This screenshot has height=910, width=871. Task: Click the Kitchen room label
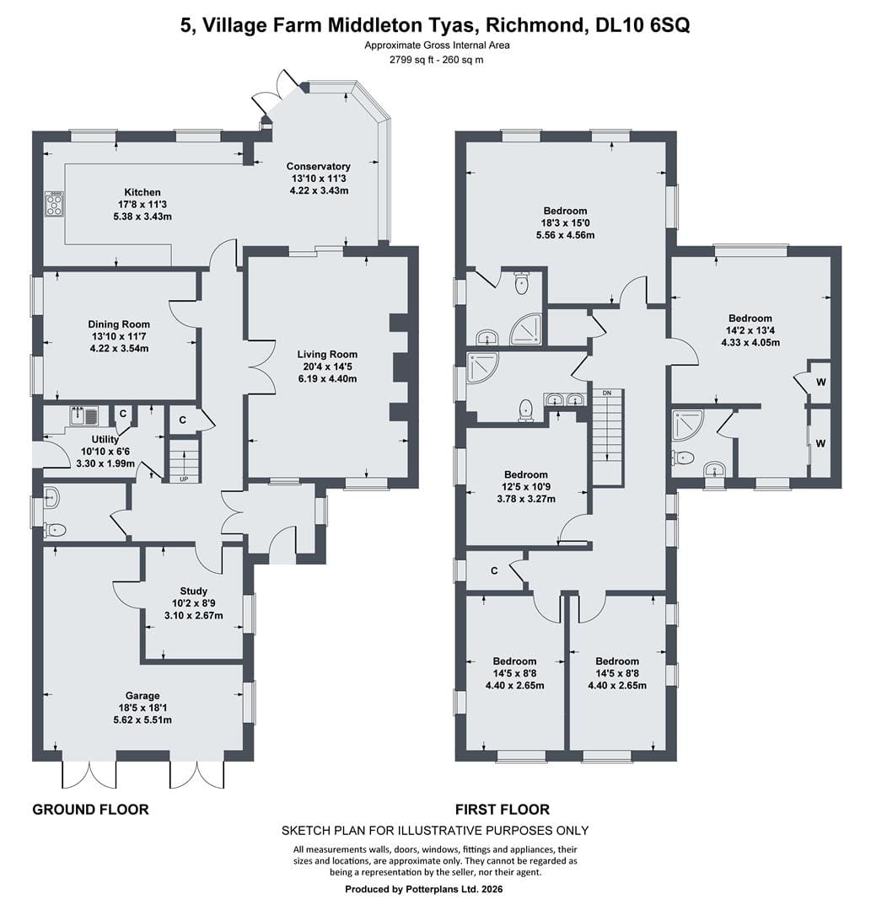point(142,192)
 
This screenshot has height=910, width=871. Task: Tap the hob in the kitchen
point(55,203)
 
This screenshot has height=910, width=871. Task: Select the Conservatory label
point(318,167)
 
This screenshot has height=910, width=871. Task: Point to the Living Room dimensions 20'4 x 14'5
point(327,367)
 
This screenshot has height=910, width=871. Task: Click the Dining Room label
point(119,324)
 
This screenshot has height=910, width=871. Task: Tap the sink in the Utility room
point(85,416)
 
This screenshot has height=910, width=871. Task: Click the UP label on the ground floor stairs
point(184,479)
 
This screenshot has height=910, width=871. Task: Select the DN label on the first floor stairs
point(607,393)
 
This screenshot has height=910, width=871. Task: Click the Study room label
point(193,591)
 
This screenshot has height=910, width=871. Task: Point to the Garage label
point(142,695)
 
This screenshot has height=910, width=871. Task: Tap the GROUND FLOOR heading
point(90,809)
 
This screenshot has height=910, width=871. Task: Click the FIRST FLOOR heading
point(503,809)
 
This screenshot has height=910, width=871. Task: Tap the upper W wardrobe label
point(820,383)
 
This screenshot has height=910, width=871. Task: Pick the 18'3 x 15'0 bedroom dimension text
point(565,222)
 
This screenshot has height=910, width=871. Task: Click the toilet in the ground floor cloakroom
point(55,529)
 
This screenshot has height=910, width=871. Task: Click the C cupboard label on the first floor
point(493,571)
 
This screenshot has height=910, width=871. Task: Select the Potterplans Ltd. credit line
point(424,889)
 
